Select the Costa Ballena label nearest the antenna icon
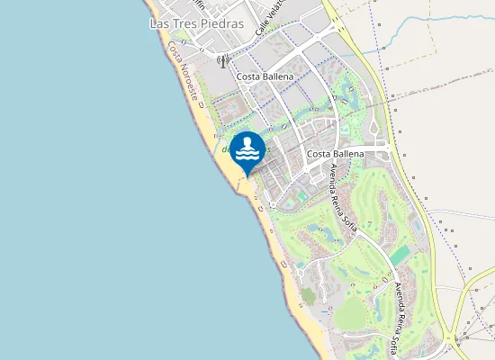point(265,77)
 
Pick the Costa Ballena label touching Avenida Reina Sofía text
point(335,154)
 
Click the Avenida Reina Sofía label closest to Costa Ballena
point(343,198)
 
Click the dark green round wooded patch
point(309,295)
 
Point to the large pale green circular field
point(352,314)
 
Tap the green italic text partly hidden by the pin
point(225,149)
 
